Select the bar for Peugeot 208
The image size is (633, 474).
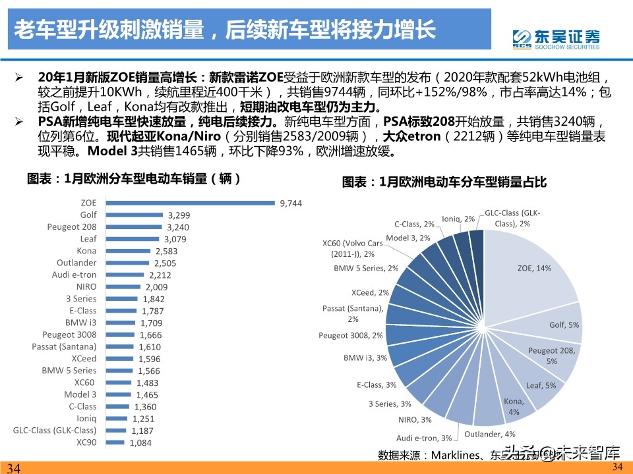click(135, 226)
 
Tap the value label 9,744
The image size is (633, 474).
click(291, 203)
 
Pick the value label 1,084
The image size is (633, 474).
click(140, 443)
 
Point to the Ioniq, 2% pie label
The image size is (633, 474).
click(458, 219)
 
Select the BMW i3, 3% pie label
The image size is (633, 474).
click(365, 358)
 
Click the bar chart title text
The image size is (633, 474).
click(134, 178)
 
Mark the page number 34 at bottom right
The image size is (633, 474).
click(617, 467)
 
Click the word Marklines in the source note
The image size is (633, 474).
click(459, 454)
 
